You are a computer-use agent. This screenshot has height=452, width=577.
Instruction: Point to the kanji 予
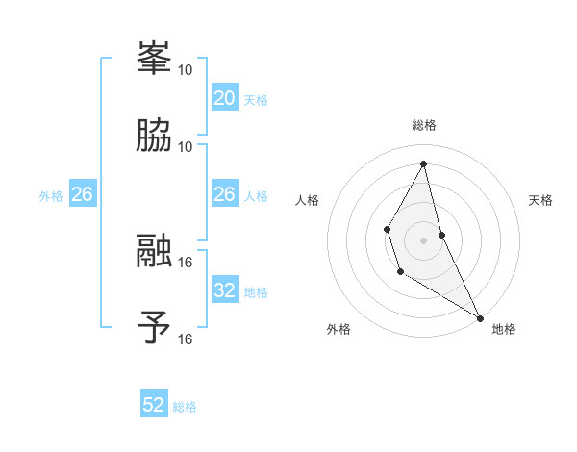tap(155, 327)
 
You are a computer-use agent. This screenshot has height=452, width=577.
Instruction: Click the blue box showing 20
tap(224, 97)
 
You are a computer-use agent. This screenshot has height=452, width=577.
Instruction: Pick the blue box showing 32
tap(224, 290)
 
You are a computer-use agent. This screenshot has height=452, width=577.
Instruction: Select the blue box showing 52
tap(154, 405)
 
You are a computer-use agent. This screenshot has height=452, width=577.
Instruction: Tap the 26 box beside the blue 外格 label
tap(82, 194)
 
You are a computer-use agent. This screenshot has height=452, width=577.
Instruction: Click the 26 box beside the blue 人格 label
tap(224, 194)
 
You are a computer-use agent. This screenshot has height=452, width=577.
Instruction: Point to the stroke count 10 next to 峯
tap(186, 69)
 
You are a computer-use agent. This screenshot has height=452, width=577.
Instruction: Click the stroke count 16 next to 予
tap(186, 339)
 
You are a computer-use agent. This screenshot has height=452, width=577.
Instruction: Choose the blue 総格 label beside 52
tap(185, 407)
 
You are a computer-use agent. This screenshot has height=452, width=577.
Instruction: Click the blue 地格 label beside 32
tap(256, 292)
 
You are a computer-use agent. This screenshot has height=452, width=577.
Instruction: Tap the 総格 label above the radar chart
tap(424, 125)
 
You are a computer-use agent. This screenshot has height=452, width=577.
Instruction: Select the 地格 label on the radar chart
tap(504, 329)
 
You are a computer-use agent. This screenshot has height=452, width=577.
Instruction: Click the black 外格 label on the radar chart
tap(339, 329)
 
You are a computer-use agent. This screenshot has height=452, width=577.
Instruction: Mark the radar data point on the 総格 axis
tap(424, 163)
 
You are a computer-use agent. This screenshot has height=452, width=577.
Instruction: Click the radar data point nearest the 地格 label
tap(480, 318)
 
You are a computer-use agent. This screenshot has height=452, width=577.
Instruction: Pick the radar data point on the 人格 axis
tap(387, 229)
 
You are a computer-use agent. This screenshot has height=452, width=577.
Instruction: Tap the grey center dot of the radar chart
tap(424, 239)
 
